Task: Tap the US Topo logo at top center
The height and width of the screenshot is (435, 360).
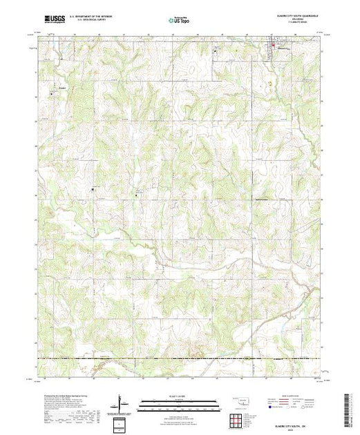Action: (179, 20)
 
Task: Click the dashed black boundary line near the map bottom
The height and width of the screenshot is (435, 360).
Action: (179, 358)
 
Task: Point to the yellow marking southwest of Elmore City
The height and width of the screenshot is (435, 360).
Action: (263, 84)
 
